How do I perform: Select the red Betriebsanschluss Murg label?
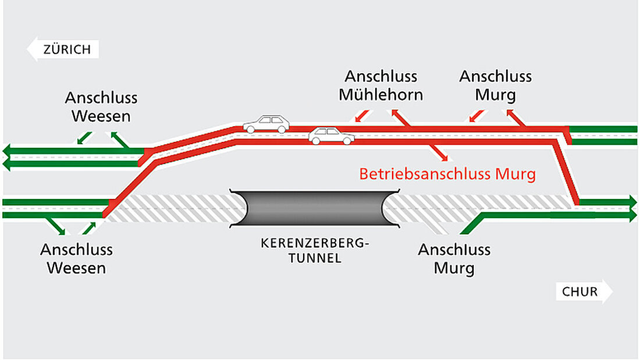pos(447,174)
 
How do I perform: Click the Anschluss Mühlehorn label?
pos(381,85)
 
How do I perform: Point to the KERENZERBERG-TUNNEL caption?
pos(315,250)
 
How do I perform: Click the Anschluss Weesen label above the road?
pos(101,106)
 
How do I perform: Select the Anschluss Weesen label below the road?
pos(76,259)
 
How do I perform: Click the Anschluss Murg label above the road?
pos(495,85)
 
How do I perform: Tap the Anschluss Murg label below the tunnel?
pos(454,259)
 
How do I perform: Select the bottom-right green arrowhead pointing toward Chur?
pos(631,215)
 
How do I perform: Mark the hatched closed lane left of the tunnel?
pos(175,208)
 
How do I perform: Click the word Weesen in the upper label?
pos(101,116)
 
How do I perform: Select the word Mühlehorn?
pos(381,95)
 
